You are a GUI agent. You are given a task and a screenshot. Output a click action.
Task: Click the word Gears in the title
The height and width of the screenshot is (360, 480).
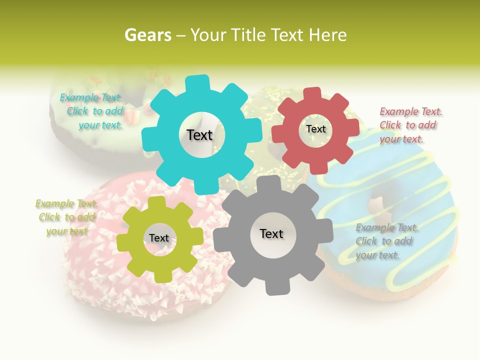[147, 35]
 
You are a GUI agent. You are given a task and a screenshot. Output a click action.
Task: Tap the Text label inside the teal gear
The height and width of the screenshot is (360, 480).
[199, 135]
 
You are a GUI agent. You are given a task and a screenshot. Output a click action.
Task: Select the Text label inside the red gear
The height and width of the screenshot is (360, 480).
[315, 129]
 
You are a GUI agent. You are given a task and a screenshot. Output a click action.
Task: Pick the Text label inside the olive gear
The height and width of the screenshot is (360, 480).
[159, 238]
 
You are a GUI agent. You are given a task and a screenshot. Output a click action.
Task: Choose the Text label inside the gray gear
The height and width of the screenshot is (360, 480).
[271, 233]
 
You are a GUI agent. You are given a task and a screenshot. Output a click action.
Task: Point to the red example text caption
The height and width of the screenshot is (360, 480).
[410, 125]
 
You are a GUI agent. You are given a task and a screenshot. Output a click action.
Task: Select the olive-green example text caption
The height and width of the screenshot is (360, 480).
[66, 217]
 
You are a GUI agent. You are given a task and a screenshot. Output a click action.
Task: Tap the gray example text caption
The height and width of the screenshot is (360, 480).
[387, 241]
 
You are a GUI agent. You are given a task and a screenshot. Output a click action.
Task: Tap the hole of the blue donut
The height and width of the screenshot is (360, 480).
[376, 205]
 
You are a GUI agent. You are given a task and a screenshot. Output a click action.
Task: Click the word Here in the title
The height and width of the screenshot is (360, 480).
[328, 35]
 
